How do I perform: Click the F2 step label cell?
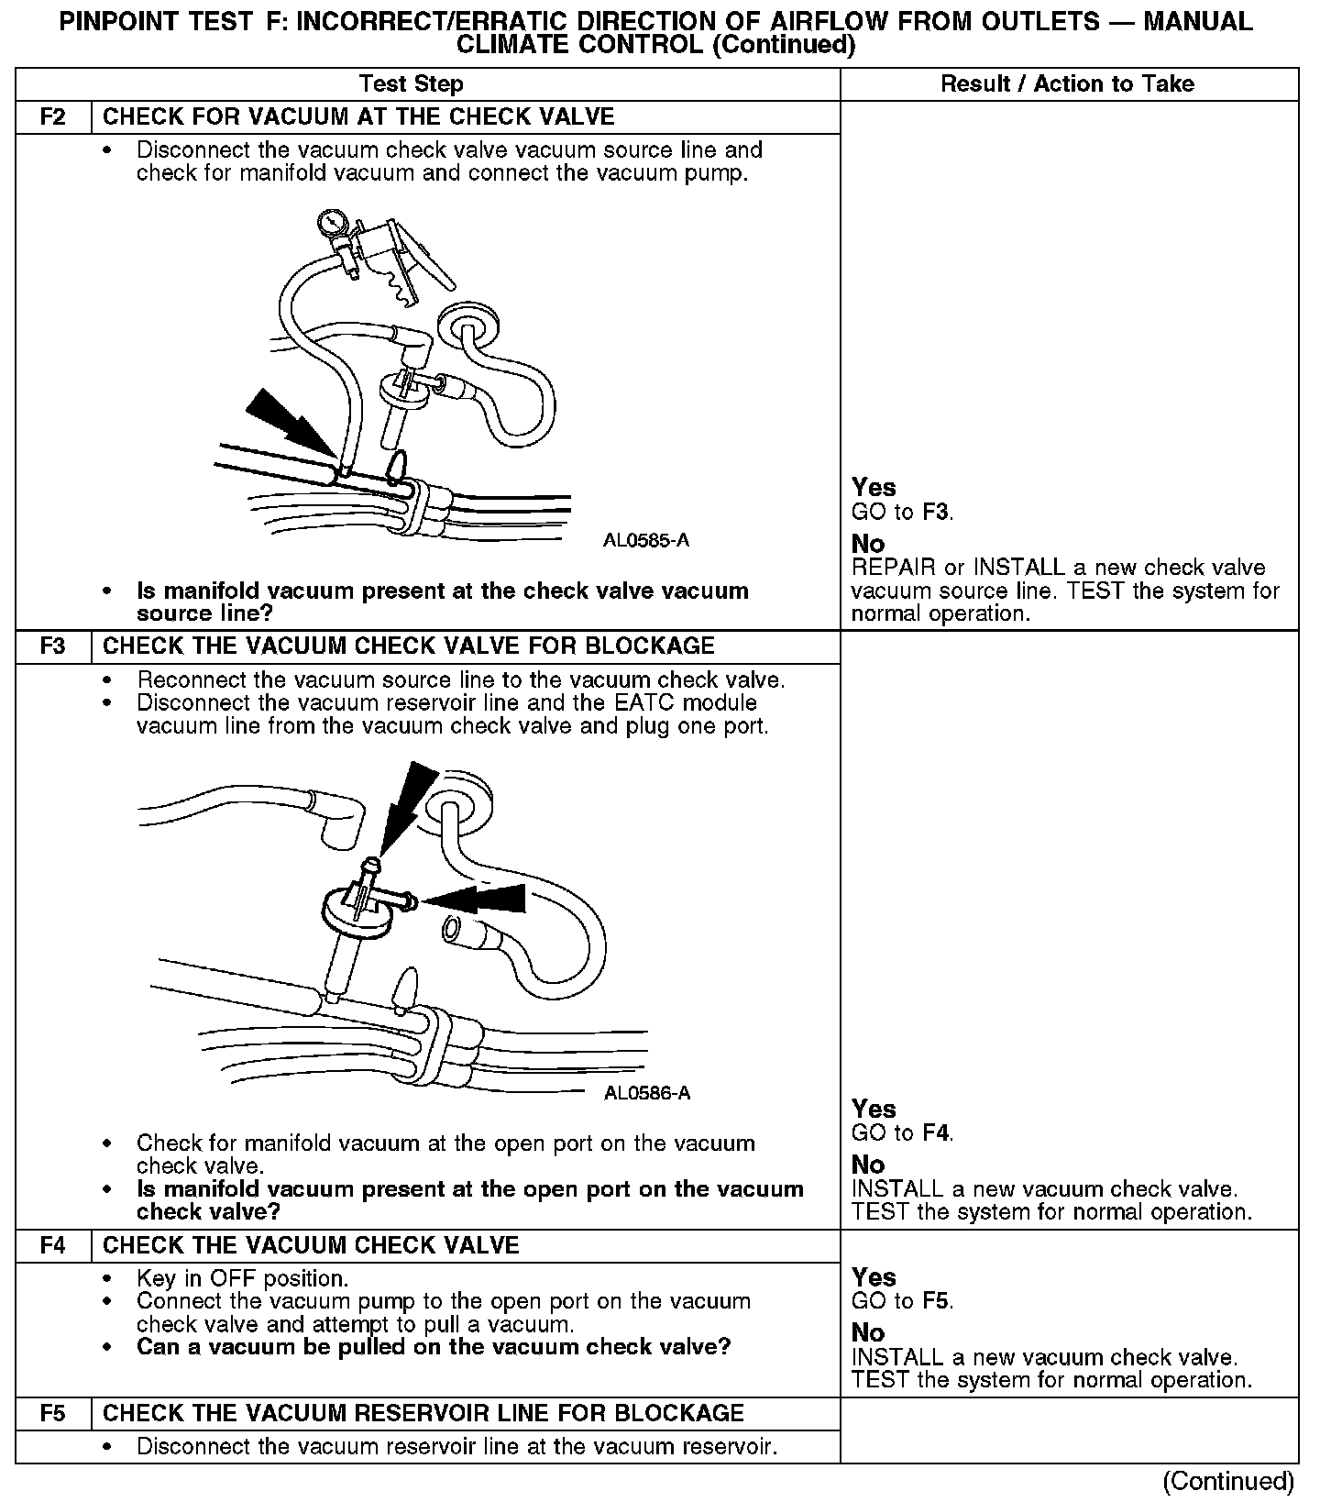(53, 117)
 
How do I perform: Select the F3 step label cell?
(53, 646)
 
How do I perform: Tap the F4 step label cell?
(53, 1246)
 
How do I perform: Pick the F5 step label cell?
(53, 1414)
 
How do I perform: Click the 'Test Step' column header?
(412, 84)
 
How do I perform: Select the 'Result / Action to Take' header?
(1068, 84)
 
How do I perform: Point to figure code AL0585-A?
(646, 541)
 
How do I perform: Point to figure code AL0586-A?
(647, 1093)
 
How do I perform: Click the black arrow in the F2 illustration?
(286, 418)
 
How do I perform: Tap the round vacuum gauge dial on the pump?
(330, 222)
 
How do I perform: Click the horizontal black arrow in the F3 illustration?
(477, 900)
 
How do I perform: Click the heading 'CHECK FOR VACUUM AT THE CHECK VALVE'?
(358, 117)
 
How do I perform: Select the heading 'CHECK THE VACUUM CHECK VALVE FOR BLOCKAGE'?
(408, 646)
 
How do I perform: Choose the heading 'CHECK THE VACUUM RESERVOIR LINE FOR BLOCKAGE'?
(423, 1414)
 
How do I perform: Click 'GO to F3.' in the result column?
(902, 513)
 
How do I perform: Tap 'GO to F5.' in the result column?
(902, 1301)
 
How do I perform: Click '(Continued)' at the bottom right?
(1227, 1482)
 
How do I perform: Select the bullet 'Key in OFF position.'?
(242, 1279)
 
